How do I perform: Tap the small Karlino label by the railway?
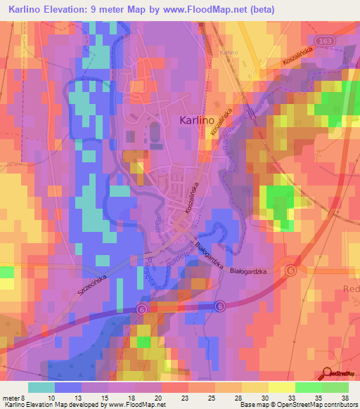click(x=229, y=53)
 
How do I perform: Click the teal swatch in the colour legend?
click(x=41, y=387)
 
